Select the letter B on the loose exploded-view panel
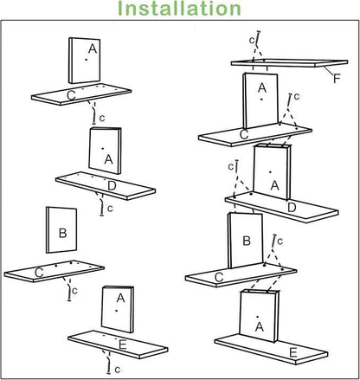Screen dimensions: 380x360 pos(61,233)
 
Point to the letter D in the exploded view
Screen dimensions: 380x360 pos(112,185)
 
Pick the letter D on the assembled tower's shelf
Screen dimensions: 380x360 pos(292,208)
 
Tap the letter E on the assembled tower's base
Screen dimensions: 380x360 pos(293,353)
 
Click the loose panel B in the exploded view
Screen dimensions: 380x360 pos(60,231)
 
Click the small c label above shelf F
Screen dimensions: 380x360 pos(251,40)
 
